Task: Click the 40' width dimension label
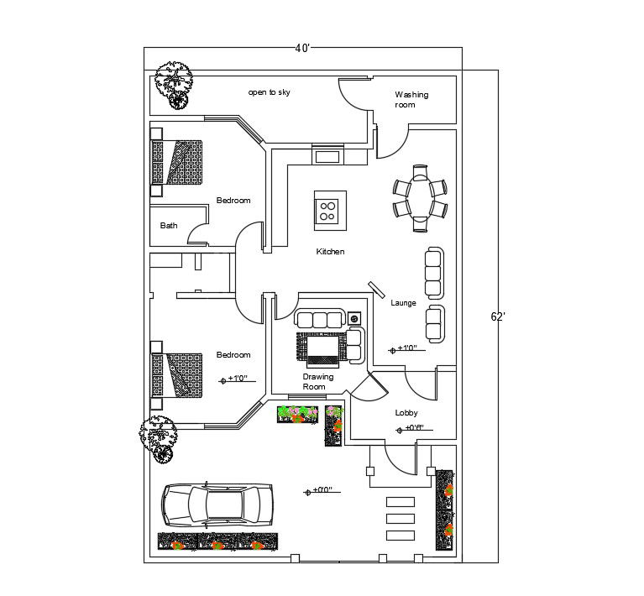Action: [302, 48]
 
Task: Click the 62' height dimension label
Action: [498, 316]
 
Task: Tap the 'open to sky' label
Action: [269, 92]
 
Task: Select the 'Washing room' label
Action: [411, 100]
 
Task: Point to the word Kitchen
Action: [330, 252]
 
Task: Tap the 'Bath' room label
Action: [169, 225]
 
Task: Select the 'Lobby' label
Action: [406, 413]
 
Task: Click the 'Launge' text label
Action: [403, 303]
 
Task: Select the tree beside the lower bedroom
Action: [158, 437]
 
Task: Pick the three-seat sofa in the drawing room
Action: [319, 319]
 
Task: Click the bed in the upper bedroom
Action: [177, 161]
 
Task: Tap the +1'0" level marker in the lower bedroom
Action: [234, 379]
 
